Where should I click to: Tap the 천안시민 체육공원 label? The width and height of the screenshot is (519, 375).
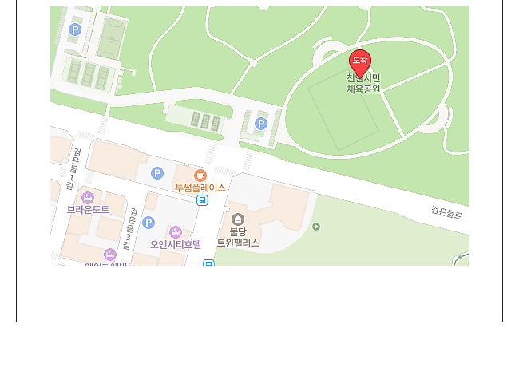pyautogui.click(x=363, y=84)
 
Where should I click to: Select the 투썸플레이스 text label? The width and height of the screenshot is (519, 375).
pyautogui.click(x=200, y=187)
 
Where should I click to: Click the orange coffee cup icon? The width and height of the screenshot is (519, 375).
pyautogui.click(x=200, y=175)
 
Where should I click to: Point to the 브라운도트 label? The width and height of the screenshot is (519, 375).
pyautogui.click(x=88, y=209)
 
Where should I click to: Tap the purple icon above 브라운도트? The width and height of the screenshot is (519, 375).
pyautogui.click(x=88, y=197)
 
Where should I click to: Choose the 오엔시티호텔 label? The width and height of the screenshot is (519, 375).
pyautogui.click(x=176, y=244)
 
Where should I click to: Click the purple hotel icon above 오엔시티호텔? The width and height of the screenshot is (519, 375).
pyautogui.click(x=176, y=232)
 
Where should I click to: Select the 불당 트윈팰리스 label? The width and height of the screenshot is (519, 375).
pyautogui.click(x=238, y=237)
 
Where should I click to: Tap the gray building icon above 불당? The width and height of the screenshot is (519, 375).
pyautogui.click(x=237, y=219)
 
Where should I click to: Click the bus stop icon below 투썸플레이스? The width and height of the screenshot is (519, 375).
pyautogui.click(x=203, y=200)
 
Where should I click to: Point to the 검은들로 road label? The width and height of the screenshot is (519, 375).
pyautogui.click(x=446, y=213)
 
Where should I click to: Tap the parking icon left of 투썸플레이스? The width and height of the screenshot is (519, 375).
pyautogui.click(x=157, y=173)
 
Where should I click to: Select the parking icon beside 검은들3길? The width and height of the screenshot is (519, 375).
pyautogui.click(x=149, y=223)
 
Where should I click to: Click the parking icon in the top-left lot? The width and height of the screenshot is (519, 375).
pyautogui.click(x=75, y=30)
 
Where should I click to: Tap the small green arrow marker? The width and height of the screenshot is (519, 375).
pyautogui.click(x=316, y=227)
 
